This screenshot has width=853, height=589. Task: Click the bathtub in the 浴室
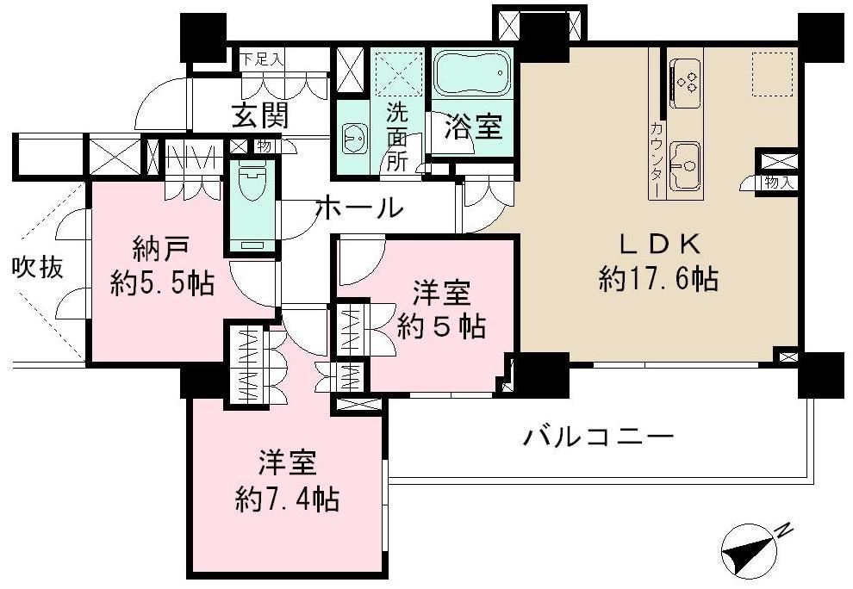coord(471,76)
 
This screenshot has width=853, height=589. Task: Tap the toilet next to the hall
coord(252,184)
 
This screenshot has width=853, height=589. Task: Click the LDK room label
coord(657,244)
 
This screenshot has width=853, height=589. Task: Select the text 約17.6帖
coord(658,278)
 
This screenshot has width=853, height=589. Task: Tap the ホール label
coord(359,207)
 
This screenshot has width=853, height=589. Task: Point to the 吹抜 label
coord(37,268)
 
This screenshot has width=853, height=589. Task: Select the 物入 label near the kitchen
coord(777,182)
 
